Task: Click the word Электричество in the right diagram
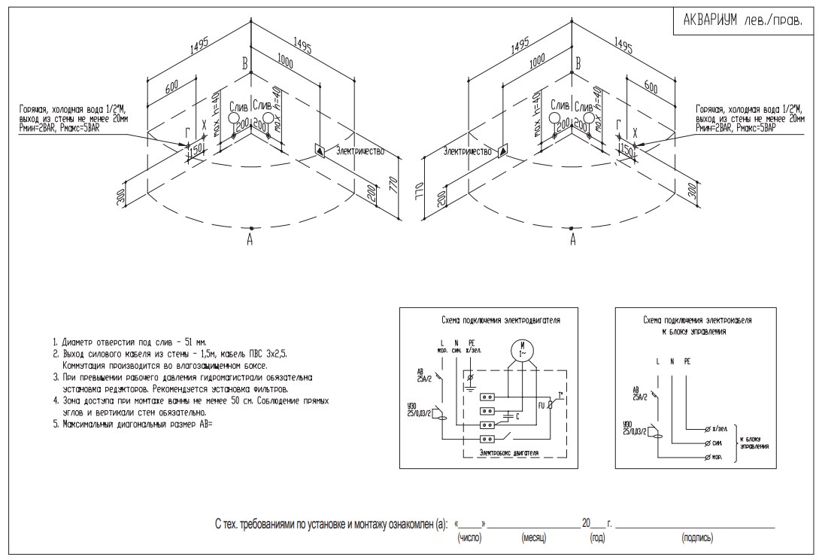coord(468,151)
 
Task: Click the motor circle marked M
coord(520,351)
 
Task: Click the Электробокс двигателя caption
coord(511,453)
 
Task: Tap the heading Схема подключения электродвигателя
coord(500,320)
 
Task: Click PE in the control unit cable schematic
coord(687,361)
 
